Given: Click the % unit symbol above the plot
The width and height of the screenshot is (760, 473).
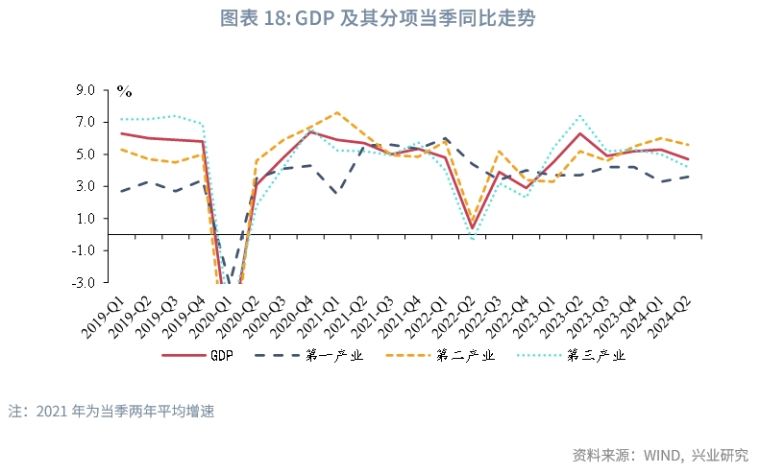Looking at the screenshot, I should click(x=124, y=91).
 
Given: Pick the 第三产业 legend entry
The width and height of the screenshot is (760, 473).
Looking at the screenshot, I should click(x=575, y=356).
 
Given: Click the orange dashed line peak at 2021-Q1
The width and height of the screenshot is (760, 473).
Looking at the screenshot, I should click(x=337, y=112).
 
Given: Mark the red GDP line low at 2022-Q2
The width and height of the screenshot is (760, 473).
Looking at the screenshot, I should click(x=473, y=228).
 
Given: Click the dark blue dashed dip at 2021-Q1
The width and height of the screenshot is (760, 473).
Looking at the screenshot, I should click(x=336, y=194).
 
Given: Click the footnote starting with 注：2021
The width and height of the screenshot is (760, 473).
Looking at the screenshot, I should click(x=110, y=411).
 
